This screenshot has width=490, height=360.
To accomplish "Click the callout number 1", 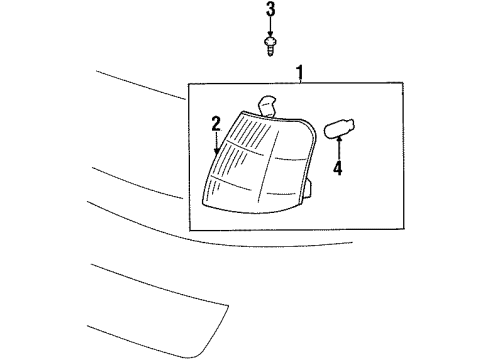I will (298, 70).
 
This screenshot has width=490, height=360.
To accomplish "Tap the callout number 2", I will (214, 123).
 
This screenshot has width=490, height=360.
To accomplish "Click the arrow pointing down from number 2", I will (214, 142).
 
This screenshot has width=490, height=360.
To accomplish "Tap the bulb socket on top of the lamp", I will (267, 103).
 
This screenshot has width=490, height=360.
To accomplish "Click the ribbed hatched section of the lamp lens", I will (228, 160).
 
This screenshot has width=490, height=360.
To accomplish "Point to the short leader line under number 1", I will (298, 81).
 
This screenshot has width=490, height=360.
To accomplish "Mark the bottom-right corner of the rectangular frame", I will (404, 231).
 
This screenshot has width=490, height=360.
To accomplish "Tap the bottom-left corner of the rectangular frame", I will (190, 231).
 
